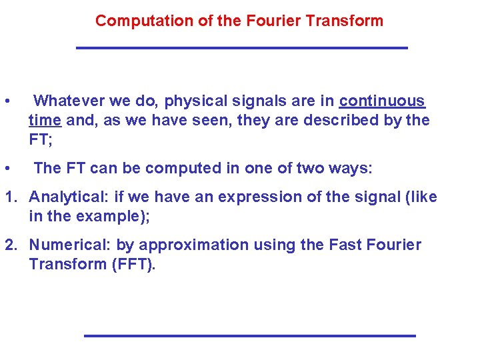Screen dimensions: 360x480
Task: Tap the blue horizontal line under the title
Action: [x=241, y=48]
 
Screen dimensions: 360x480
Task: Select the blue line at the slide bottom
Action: [x=249, y=335]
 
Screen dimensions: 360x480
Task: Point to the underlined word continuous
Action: [x=382, y=101]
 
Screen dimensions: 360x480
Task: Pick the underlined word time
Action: [x=45, y=121]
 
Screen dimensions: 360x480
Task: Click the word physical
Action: [x=196, y=101]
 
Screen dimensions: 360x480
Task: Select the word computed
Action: [x=173, y=169]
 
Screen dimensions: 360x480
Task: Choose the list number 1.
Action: [x=10, y=197]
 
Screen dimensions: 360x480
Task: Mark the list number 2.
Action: [x=10, y=245]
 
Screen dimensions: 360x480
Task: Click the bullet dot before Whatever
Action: [x=6, y=102]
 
